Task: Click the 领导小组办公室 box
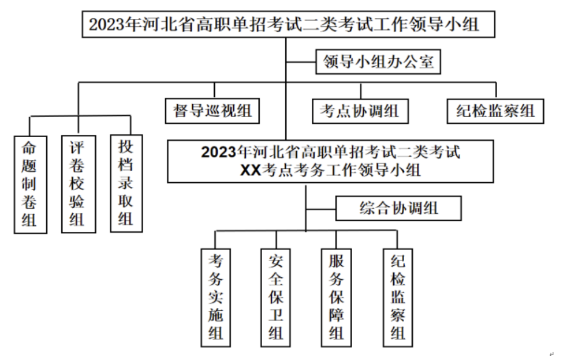click(x=378, y=62)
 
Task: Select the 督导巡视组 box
click(x=212, y=111)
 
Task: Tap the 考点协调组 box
click(x=361, y=111)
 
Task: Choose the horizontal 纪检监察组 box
click(x=495, y=111)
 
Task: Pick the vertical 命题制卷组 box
click(x=30, y=185)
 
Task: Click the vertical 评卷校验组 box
click(x=78, y=184)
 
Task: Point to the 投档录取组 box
click(x=126, y=183)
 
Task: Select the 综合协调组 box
click(x=398, y=208)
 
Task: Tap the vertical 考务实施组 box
click(x=215, y=297)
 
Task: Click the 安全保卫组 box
click(x=276, y=297)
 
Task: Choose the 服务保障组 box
click(x=336, y=297)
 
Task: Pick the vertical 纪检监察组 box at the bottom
click(x=398, y=297)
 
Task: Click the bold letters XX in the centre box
click(x=251, y=170)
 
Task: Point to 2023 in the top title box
click(x=106, y=24)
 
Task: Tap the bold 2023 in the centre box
click(x=218, y=152)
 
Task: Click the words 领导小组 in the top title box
click(x=444, y=24)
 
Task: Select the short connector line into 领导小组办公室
click(x=300, y=62)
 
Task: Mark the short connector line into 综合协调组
click(x=321, y=209)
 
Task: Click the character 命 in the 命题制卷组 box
click(x=29, y=148)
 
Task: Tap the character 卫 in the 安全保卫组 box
click(x=276, y=315)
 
